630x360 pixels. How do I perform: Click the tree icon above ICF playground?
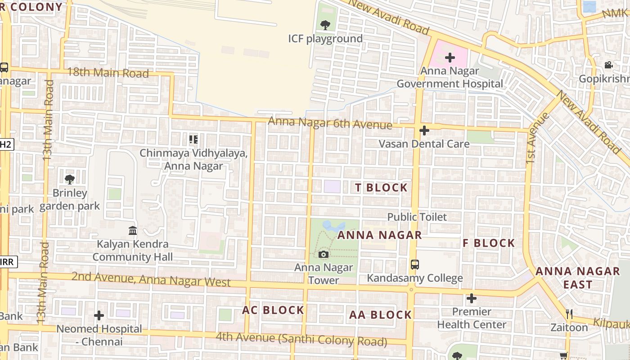tap(325, 25)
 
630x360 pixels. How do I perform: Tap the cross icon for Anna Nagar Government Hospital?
tap(450, 57)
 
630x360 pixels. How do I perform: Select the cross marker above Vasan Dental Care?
tap(424, 130)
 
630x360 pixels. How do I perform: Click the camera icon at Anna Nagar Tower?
tap(323, 255)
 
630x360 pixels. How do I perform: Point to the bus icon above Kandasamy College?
tap(415, 265)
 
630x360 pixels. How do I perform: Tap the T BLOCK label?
tap(381, 188)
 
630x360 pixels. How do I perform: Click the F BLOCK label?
tap(489, 243)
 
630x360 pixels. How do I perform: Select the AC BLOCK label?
tap(273, 310)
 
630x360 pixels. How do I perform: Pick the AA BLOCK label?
tap(380, 315)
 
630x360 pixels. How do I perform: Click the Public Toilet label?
tap(417, 217)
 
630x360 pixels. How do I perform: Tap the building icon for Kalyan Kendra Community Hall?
tap(133, 231)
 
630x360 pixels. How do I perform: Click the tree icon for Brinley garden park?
tap(69, 180)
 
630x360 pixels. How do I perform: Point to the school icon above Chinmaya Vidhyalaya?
tap(193, 139)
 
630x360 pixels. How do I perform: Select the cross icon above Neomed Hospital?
tap(99, 315)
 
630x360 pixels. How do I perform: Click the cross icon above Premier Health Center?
tap(471, 298)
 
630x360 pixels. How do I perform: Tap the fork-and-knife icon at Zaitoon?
tap(570, 314)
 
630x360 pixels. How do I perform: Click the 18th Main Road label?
tap(108, 73)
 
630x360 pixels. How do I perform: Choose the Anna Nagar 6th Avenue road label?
tap(330, 123)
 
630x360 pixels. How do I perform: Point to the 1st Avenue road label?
tap(537, 138)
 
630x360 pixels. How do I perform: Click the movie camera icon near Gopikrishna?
tap(608, 65)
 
